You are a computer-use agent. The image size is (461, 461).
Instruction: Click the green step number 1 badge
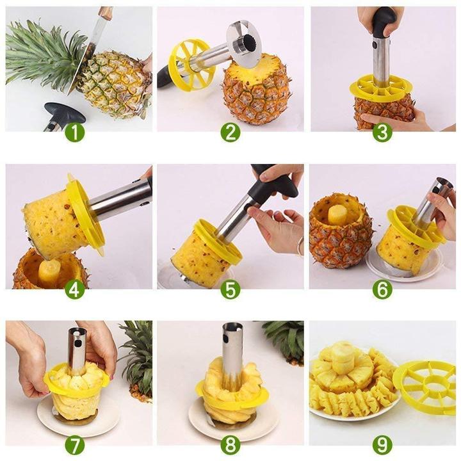pyautogui.click(x=74, y=133)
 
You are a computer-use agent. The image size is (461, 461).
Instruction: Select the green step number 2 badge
pyautogui.click(x=230, y=133)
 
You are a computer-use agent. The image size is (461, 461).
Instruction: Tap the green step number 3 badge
pyautogui.click(x=382, y=133)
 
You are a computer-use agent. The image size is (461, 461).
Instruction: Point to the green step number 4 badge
pyautogui.click(x=74, y=289)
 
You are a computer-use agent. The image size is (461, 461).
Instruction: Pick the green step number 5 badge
pyautogui.click(x=230, y=289)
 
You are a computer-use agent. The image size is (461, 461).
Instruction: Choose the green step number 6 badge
pyautogui.click(x=382, y=289)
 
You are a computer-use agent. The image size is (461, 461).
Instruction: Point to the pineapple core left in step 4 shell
pyautogui.click(x=50, y=272)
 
